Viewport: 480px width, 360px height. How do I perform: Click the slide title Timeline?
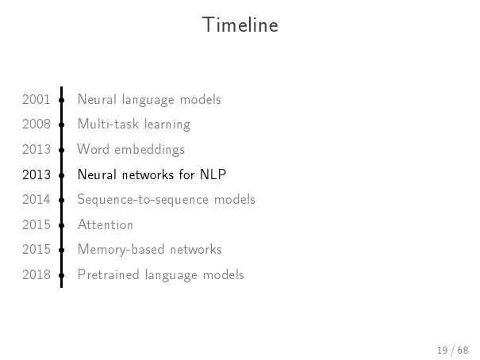240,25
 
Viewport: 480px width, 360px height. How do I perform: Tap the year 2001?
36,99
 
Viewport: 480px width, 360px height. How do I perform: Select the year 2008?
36,124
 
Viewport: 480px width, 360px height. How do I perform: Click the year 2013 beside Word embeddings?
36,149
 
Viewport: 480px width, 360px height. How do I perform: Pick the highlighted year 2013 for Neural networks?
36,174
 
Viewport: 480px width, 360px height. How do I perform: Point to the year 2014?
36,199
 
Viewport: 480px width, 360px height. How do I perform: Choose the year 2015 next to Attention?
36,225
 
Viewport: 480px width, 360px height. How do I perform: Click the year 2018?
36,274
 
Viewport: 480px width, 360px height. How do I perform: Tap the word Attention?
106,225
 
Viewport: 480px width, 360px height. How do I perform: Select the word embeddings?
150,150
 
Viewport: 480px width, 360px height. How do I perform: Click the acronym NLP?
213,174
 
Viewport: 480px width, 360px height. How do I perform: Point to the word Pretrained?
109,274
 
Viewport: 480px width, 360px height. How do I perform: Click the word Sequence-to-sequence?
142,200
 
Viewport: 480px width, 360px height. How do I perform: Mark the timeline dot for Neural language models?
62,100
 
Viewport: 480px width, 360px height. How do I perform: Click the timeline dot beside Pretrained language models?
62,275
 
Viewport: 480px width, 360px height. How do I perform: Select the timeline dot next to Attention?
62,225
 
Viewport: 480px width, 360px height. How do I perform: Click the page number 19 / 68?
452,350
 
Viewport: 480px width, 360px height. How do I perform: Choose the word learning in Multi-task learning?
167,125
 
